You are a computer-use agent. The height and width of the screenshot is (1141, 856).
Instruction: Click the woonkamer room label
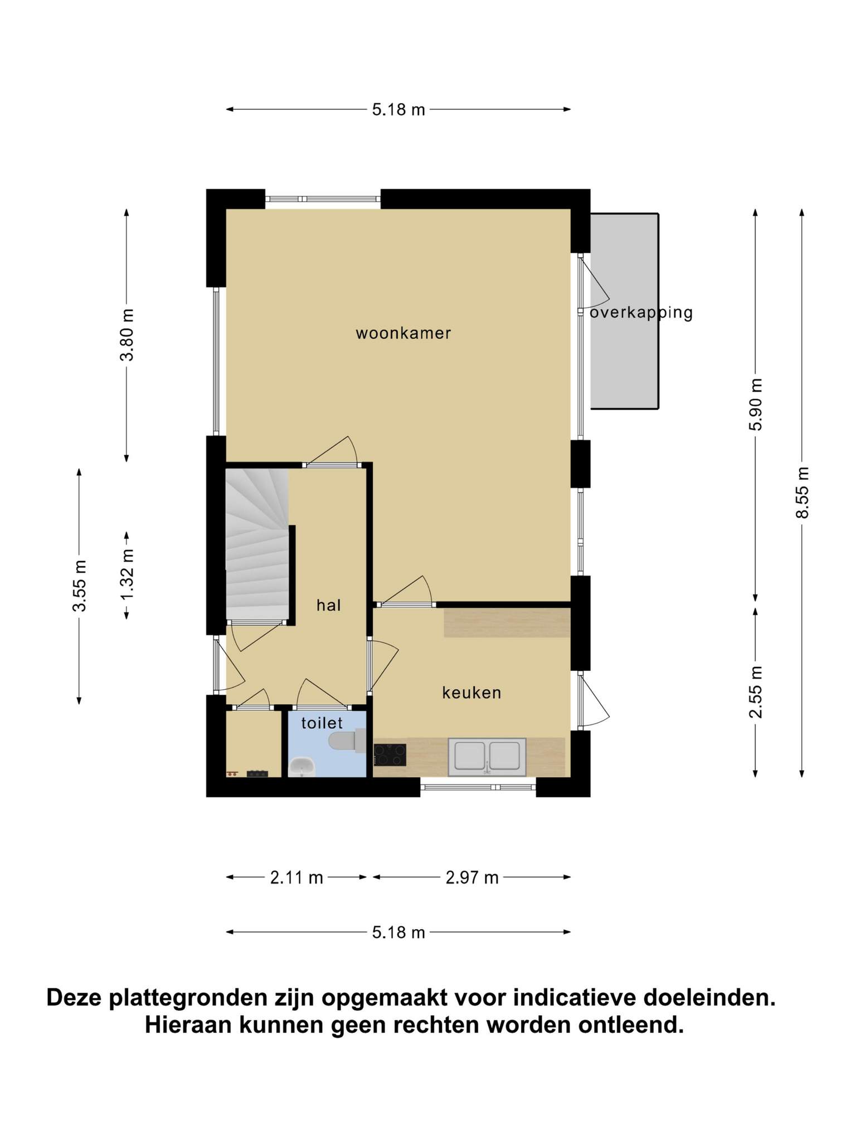click(403, 333)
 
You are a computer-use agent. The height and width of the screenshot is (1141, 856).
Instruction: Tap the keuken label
click(471, 693)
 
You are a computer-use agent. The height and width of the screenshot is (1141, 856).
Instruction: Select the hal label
click(328, 605)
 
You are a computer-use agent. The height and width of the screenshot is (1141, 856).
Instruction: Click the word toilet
click(322, 723)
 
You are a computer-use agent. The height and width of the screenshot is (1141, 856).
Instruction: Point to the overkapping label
click(641, 313)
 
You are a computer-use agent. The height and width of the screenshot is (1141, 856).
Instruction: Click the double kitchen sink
click(487, 757)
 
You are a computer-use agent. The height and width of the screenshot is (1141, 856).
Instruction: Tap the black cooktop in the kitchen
click(390, 755)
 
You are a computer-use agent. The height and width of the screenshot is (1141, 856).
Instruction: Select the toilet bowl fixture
click(347, 740)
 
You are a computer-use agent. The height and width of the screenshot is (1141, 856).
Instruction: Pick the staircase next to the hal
click(257, 544)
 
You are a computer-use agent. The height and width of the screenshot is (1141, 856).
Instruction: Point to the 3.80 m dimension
click(127, 335)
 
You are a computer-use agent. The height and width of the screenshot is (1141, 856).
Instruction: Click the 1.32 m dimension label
click(127, 574)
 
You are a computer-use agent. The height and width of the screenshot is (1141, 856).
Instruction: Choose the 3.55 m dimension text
click(80, 586)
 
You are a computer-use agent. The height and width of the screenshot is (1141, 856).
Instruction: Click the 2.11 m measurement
click(296, 877)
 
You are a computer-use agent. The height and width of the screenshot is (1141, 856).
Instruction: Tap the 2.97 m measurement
click(471, 877)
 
